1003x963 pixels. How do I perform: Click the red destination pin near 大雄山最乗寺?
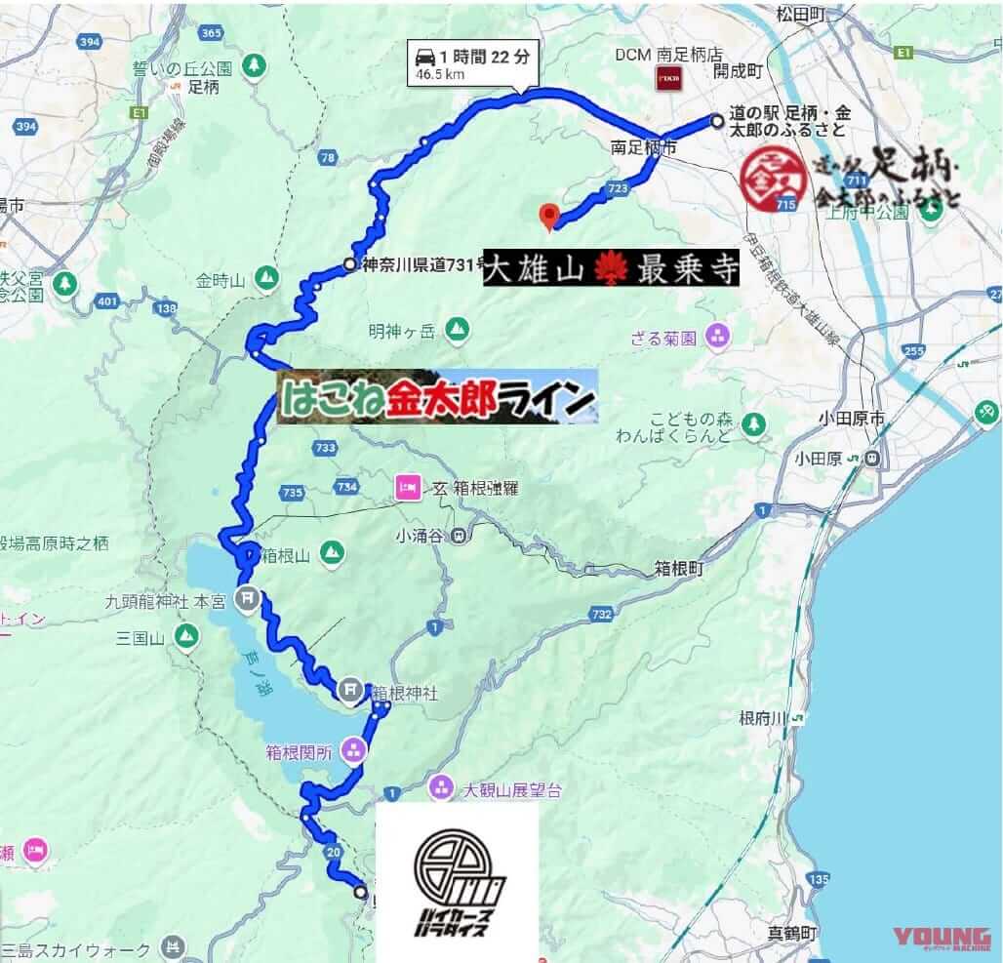549,216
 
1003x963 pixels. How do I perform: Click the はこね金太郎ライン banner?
437,397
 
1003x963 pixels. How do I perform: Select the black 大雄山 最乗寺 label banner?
612,269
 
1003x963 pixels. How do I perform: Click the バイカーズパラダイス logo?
458,882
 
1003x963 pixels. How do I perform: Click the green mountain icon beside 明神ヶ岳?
456,331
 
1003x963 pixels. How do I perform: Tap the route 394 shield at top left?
91,42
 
